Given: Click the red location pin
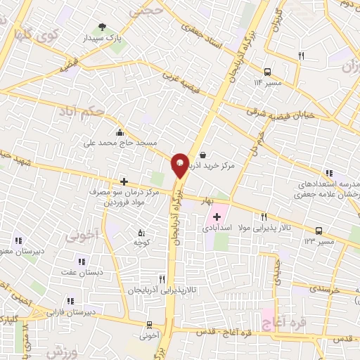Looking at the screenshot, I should point(180,164).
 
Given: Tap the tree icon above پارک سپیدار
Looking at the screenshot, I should point(103,27).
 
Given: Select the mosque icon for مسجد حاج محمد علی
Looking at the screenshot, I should point(120,132).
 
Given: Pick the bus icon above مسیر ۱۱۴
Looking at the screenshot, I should point(267,72).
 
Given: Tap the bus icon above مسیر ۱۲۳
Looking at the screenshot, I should point(319,230).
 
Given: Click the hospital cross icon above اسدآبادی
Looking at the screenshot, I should point(217,217).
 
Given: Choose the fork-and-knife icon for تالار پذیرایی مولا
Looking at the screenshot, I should point(264,217).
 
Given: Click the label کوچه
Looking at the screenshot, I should point(143,243).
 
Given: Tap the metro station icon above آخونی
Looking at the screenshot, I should point(148,325).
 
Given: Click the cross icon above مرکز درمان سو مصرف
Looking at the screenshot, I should point(124,181).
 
